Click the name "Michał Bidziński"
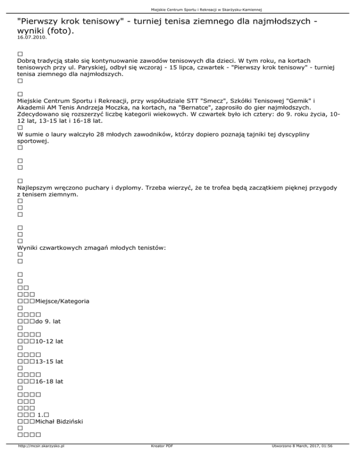tap(60, 421)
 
